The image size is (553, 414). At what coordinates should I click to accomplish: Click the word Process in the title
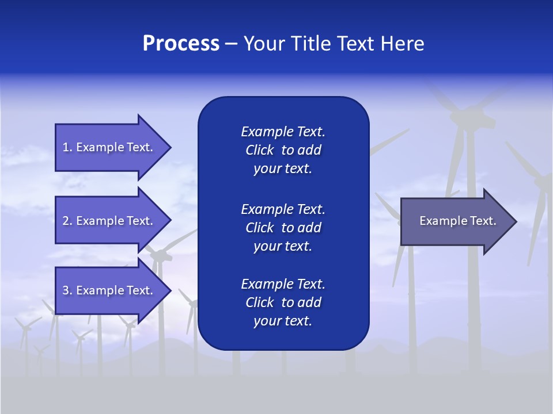(181, 44)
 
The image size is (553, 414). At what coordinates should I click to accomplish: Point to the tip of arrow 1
(170, 147)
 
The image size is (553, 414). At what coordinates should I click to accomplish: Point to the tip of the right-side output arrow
(516, 221)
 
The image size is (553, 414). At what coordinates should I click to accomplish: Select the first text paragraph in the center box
(283, 150)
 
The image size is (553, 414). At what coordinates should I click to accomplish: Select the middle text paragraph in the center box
(283, 228)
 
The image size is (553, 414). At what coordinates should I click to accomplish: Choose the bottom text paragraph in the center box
(283, 302)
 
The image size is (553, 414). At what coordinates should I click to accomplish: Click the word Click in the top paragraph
(259, 151)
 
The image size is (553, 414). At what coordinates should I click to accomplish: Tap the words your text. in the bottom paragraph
(283, 321)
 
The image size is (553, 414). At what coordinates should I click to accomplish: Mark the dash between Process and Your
(231, 44)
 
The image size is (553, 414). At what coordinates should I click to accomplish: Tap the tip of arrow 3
(170, 290)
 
